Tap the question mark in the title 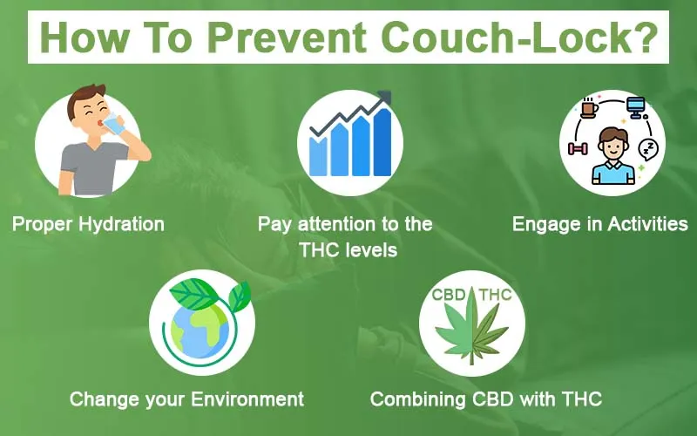tap(646, 37)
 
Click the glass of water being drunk tap(115, 124)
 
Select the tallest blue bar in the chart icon tap(382, 142)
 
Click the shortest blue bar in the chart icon tap(318, 156)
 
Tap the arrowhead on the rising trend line tap(384, 97)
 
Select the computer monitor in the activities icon tap(636, 107)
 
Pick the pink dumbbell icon tap(579, 148)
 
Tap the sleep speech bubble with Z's tap(648, 149)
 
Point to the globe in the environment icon tap(200, 330)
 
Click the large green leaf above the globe tap(194, 294)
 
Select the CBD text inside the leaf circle tap(449, 295)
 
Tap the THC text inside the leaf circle tap(496, 295)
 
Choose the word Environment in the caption tap(247, 399)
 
